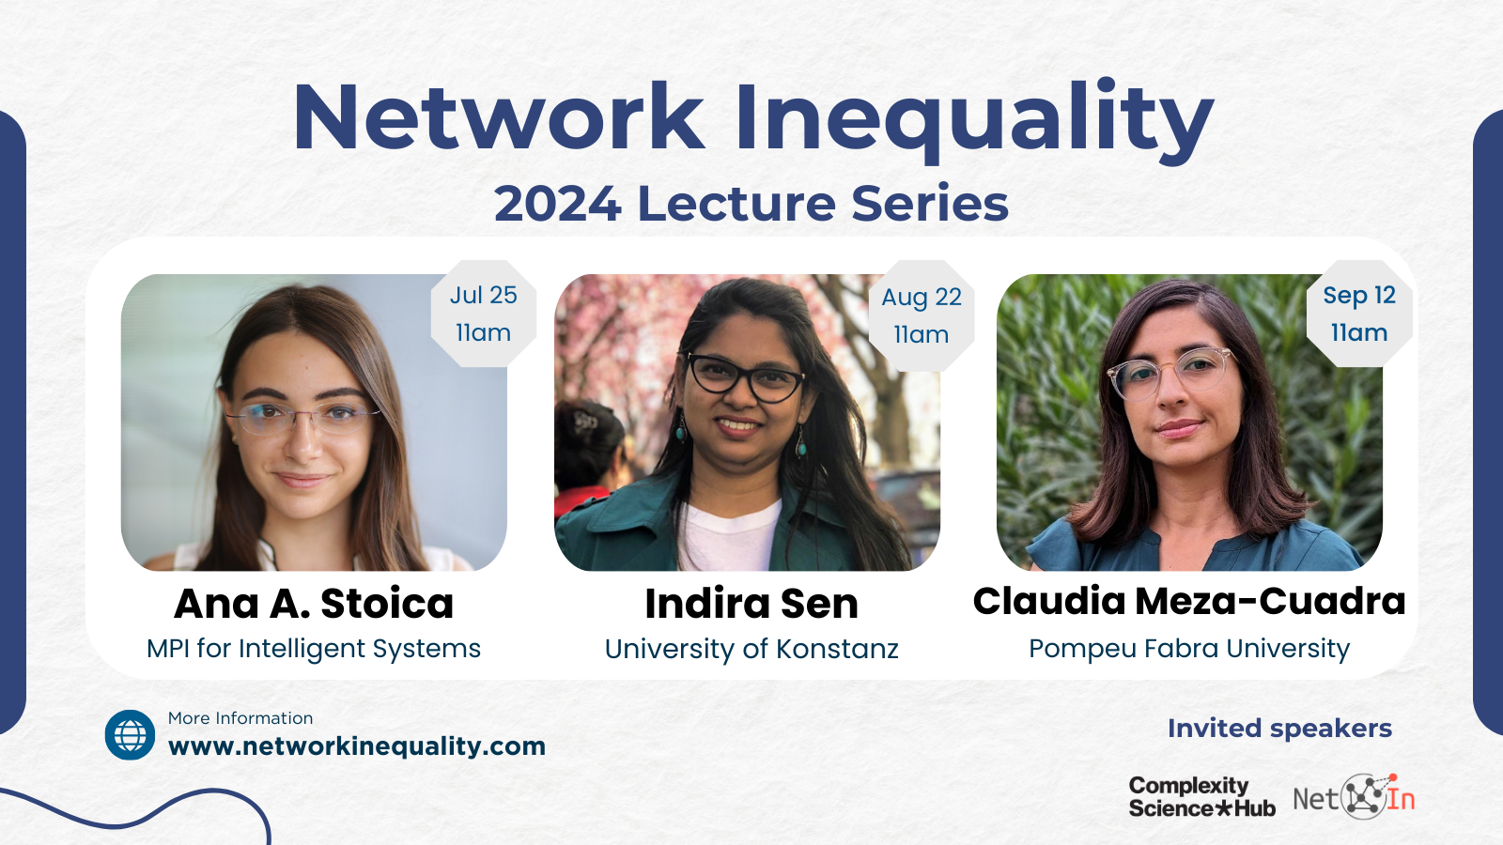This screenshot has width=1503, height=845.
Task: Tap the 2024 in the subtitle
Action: click(x=557, y=203)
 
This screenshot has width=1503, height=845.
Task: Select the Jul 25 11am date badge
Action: click(x=483, y=314)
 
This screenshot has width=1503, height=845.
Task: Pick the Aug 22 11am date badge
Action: click(x=922, y=315)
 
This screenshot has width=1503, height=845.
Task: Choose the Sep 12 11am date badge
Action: click(x=1359, y=314)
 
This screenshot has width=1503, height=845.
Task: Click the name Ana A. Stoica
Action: click(x=314, y=603)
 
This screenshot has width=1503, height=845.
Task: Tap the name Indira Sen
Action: click(x=751, y=604)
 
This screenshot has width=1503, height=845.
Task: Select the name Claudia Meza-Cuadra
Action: click(x=1189, y=601)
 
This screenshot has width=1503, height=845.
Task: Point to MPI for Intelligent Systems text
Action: click(x=314, y=649)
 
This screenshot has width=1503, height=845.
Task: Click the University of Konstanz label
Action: click(x=751, y=649)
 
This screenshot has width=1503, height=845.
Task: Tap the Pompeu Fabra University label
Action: click(x=1189, y=649)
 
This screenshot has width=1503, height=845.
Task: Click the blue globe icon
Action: click(x=131, y=735)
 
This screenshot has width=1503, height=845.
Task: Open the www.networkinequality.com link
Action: click(x=357, y=746)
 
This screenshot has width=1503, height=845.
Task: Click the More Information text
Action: click(x=240, y=718)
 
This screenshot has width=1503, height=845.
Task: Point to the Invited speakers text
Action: click(x=1279, y=729)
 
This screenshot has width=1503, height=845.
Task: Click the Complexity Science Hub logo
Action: click(x=1201, y=797)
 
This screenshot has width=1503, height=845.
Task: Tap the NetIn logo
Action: click(x=1354, y=797)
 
